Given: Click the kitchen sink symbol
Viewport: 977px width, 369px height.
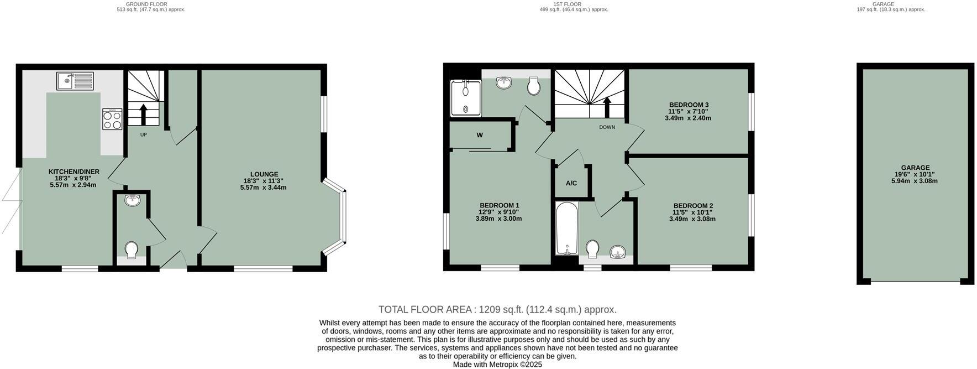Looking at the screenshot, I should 76,81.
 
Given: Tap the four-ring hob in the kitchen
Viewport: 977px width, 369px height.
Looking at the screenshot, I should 112,119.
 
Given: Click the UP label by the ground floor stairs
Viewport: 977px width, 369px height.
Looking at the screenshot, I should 144,134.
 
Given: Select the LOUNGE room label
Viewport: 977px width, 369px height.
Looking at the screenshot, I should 264,174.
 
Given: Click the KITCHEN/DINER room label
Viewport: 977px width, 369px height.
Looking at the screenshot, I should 73,172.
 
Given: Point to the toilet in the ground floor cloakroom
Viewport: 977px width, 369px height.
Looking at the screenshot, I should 132,250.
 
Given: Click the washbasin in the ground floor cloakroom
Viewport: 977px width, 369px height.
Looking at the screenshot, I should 132,200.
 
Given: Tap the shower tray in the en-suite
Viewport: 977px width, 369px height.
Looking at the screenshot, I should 465,98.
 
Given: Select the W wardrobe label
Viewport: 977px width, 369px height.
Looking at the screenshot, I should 480,135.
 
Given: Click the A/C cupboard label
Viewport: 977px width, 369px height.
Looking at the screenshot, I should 571,183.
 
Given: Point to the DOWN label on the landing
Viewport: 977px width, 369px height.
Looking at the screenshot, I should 607,127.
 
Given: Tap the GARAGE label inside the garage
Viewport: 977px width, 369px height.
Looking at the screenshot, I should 915,168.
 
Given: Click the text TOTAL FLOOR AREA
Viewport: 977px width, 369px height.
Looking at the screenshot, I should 425,310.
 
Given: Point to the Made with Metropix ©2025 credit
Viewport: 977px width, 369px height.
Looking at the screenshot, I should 497,365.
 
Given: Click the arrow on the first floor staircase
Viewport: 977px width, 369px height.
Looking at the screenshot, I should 607,107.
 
